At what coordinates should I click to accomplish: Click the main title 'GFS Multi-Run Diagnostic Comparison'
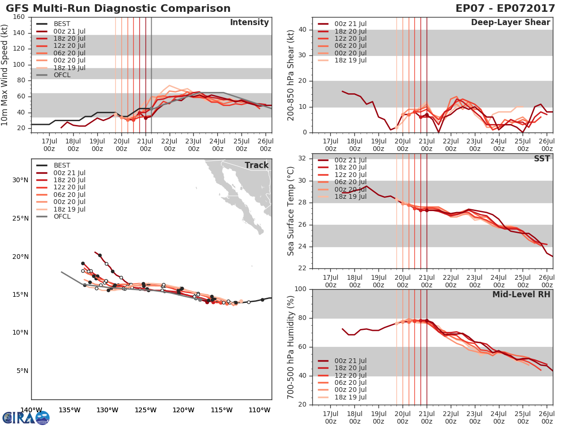tap(118, 9)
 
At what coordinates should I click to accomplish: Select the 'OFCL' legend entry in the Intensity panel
tap(62, 75)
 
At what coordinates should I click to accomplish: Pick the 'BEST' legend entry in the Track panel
tap(62, 165)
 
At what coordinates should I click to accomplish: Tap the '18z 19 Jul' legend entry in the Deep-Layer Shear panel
tap(349, 60)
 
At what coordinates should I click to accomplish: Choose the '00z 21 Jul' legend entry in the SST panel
tap(349, 160)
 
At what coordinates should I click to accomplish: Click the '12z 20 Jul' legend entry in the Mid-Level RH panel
tap(349, 375)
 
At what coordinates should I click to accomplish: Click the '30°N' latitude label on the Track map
tap(20, 180)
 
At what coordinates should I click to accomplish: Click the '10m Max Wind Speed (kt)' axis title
tap(5, 74)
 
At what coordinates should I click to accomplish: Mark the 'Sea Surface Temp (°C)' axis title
tap(291, 211)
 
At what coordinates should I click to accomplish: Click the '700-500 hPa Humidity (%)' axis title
tap(291, 346)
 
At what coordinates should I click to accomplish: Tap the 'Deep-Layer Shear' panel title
tap(510, 23)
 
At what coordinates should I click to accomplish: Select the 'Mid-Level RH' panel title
tap(521, 294)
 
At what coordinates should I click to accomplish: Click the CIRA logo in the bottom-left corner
tap(26, 417)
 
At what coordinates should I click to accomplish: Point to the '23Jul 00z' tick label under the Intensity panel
tap(193, 145)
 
